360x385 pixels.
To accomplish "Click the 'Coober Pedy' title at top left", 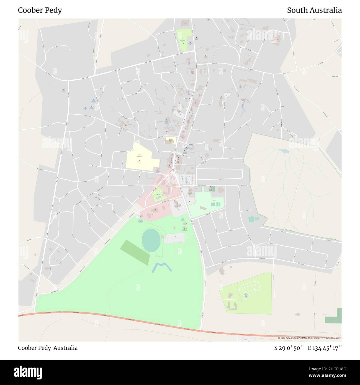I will pos(40,11).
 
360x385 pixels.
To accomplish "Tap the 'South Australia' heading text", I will pos(314,11).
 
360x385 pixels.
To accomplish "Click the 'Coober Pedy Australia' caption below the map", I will pos(48,348).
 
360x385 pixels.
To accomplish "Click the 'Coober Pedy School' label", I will pos(139,156).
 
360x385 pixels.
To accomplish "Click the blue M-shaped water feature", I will pos(162,267).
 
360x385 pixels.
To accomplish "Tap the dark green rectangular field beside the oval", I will pos(135,252).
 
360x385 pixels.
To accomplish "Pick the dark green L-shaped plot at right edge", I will pos(335,317).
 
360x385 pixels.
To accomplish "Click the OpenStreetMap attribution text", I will pos(310,338).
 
